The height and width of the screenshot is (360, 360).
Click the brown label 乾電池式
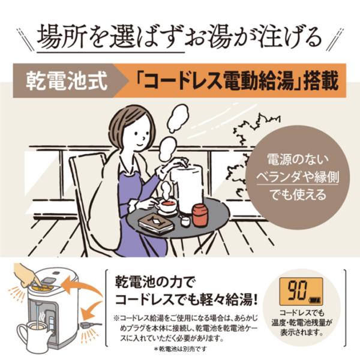pos(67,81)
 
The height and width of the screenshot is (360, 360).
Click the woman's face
pos(140,136)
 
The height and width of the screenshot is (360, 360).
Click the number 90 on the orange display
pos(298,290)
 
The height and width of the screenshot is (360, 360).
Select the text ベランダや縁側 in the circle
pos(298,177)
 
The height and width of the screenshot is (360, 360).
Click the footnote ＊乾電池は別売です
pos(180,349)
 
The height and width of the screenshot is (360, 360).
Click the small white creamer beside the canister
pos(185,221)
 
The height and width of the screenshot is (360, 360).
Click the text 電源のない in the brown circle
pos(298,160)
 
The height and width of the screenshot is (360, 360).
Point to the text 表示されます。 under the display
pos(302,332)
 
